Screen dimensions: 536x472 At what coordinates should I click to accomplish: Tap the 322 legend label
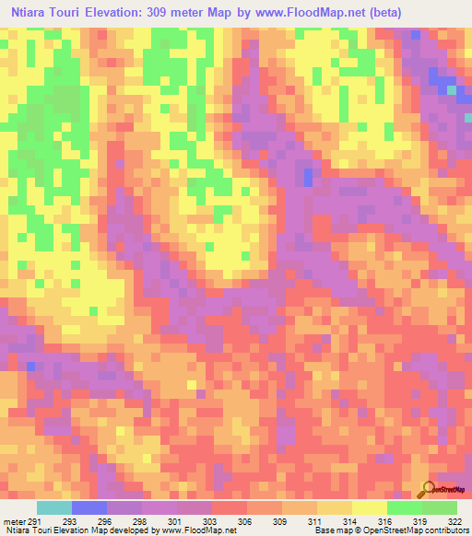(455, 520)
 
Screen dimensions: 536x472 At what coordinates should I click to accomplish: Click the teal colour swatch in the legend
(54, 507)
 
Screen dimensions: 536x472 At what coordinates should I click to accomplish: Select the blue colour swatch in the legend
(89, 507)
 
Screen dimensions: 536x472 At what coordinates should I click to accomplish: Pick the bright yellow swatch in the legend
(370, 507)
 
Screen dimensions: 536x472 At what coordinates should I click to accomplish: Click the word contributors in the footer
(445, 531)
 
